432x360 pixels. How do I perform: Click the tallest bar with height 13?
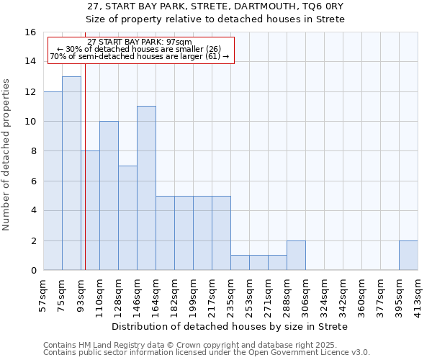[x=71, y=173]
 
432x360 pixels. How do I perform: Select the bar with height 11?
[x=146, y=188]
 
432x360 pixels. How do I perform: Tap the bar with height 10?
[x=109, y=195]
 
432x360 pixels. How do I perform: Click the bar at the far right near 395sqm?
[x=408, y=255]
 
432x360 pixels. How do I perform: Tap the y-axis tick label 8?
[x=33, y=151]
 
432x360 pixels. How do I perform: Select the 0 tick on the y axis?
[x=33, y=271]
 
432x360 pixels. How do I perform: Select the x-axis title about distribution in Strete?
[x=230, y=326]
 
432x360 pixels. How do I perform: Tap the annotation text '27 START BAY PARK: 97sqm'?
[x=140, y=42]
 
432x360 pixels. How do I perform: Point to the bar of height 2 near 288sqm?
[x=296, y=255]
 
